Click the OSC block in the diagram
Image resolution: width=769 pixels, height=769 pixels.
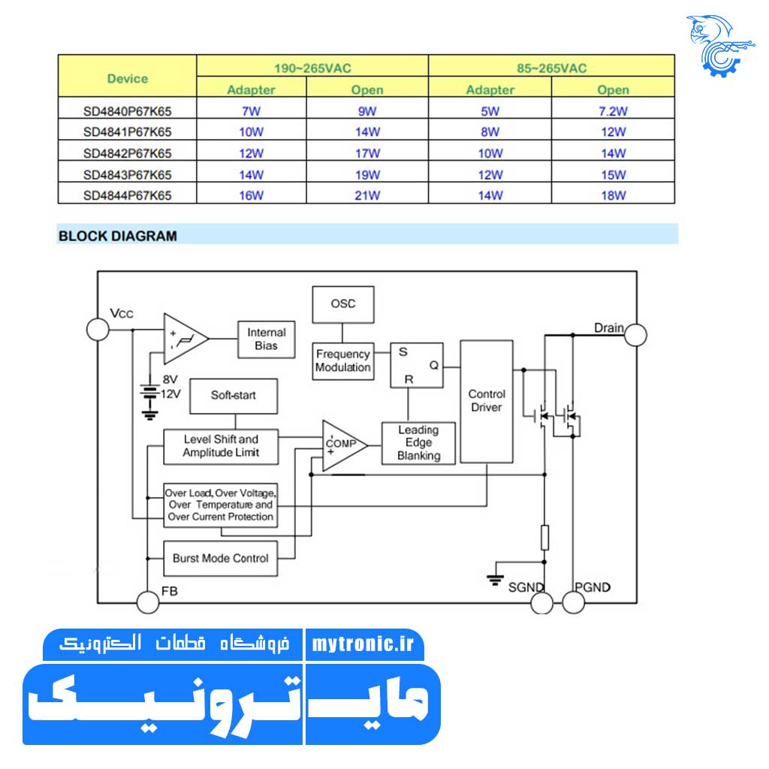point(342,304)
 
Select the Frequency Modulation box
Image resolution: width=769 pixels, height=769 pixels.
point(343,360)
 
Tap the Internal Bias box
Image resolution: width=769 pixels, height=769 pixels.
point(266,339)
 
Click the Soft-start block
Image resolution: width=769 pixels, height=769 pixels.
point(234,395)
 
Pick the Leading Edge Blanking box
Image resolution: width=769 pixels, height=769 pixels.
point(418,443)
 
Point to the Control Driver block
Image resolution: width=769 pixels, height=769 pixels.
point(487,401)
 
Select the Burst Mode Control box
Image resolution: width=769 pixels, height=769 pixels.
point(220,558)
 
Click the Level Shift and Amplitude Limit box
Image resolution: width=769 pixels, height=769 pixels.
point(221,446)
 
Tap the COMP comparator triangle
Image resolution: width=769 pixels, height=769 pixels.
point(342,445)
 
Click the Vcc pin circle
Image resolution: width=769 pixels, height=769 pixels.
point(98,329)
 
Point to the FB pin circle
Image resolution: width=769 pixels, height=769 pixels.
point(148,602)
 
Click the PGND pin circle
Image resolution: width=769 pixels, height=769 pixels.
point(573,602)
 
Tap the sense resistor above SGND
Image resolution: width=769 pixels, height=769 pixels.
point(544,538)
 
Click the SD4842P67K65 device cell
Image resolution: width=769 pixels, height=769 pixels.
point(127,153)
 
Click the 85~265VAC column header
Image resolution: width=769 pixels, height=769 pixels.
point(551,68)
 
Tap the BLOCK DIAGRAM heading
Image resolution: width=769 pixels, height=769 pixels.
point(118,236)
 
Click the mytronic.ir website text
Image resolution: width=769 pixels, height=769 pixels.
point(363,645)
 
